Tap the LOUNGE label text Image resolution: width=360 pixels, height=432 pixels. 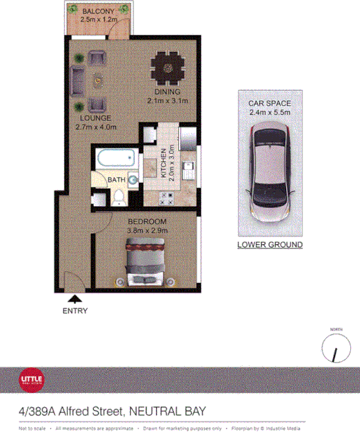click(96, 118)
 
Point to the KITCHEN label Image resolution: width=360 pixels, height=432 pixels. click(163, 165)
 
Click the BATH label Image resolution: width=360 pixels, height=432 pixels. click(115, 180)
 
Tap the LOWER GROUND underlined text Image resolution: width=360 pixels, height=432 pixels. click(270, 245)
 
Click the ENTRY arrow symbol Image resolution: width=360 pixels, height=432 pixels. click(74, 298)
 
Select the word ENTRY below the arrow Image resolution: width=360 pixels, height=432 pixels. click(74, 311)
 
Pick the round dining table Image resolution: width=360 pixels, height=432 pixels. click(167, 68)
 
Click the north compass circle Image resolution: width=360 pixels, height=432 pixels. click(336, 349)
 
